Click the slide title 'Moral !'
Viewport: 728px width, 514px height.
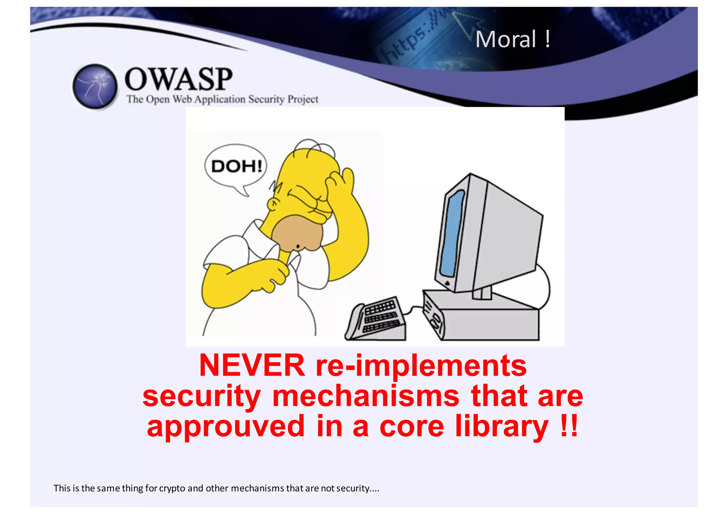(513, 39)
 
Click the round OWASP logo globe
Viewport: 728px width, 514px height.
(95, 86)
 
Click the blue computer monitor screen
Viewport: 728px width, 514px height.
(452, 233)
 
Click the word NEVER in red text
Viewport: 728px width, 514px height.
(252, 366)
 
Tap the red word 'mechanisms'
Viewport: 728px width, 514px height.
(366, 396)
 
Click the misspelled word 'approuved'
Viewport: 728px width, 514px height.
(226, 427)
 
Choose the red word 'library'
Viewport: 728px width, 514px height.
(502, 427)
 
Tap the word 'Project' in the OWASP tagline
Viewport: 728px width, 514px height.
(303, 99)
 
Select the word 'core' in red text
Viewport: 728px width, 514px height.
(412, 427)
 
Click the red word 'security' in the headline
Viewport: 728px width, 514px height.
(202, 397)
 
